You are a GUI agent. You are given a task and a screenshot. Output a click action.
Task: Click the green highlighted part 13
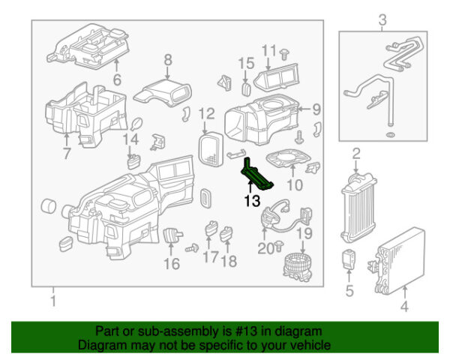coord(256,175)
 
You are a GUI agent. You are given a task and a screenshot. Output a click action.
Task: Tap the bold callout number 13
coord(252,201)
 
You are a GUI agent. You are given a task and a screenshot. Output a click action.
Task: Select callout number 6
coord(117,79)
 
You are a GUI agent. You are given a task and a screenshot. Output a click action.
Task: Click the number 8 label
coord(168,60)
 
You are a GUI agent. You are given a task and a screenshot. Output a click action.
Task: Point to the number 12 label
coord(206,114)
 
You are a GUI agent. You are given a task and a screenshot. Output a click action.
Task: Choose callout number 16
coord(172,264)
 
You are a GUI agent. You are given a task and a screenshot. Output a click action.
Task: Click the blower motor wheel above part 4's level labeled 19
coord(298,267)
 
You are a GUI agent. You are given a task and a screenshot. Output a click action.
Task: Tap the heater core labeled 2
coord(358,208)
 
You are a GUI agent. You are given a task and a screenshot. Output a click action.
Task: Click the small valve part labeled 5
coord(349,259)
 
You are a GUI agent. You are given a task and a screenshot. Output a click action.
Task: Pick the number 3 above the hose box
coord(382,20)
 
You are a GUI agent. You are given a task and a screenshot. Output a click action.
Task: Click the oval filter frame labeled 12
coord(211,149)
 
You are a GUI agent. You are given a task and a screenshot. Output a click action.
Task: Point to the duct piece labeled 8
coord(163,93)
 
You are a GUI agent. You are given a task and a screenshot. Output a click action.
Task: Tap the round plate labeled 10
coord(289,158)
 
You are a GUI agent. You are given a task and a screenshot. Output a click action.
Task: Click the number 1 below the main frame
coord(53,301)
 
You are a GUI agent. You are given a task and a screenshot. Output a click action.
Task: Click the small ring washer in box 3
coord(390,135)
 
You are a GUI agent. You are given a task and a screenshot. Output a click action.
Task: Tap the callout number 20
coord(266,249)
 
